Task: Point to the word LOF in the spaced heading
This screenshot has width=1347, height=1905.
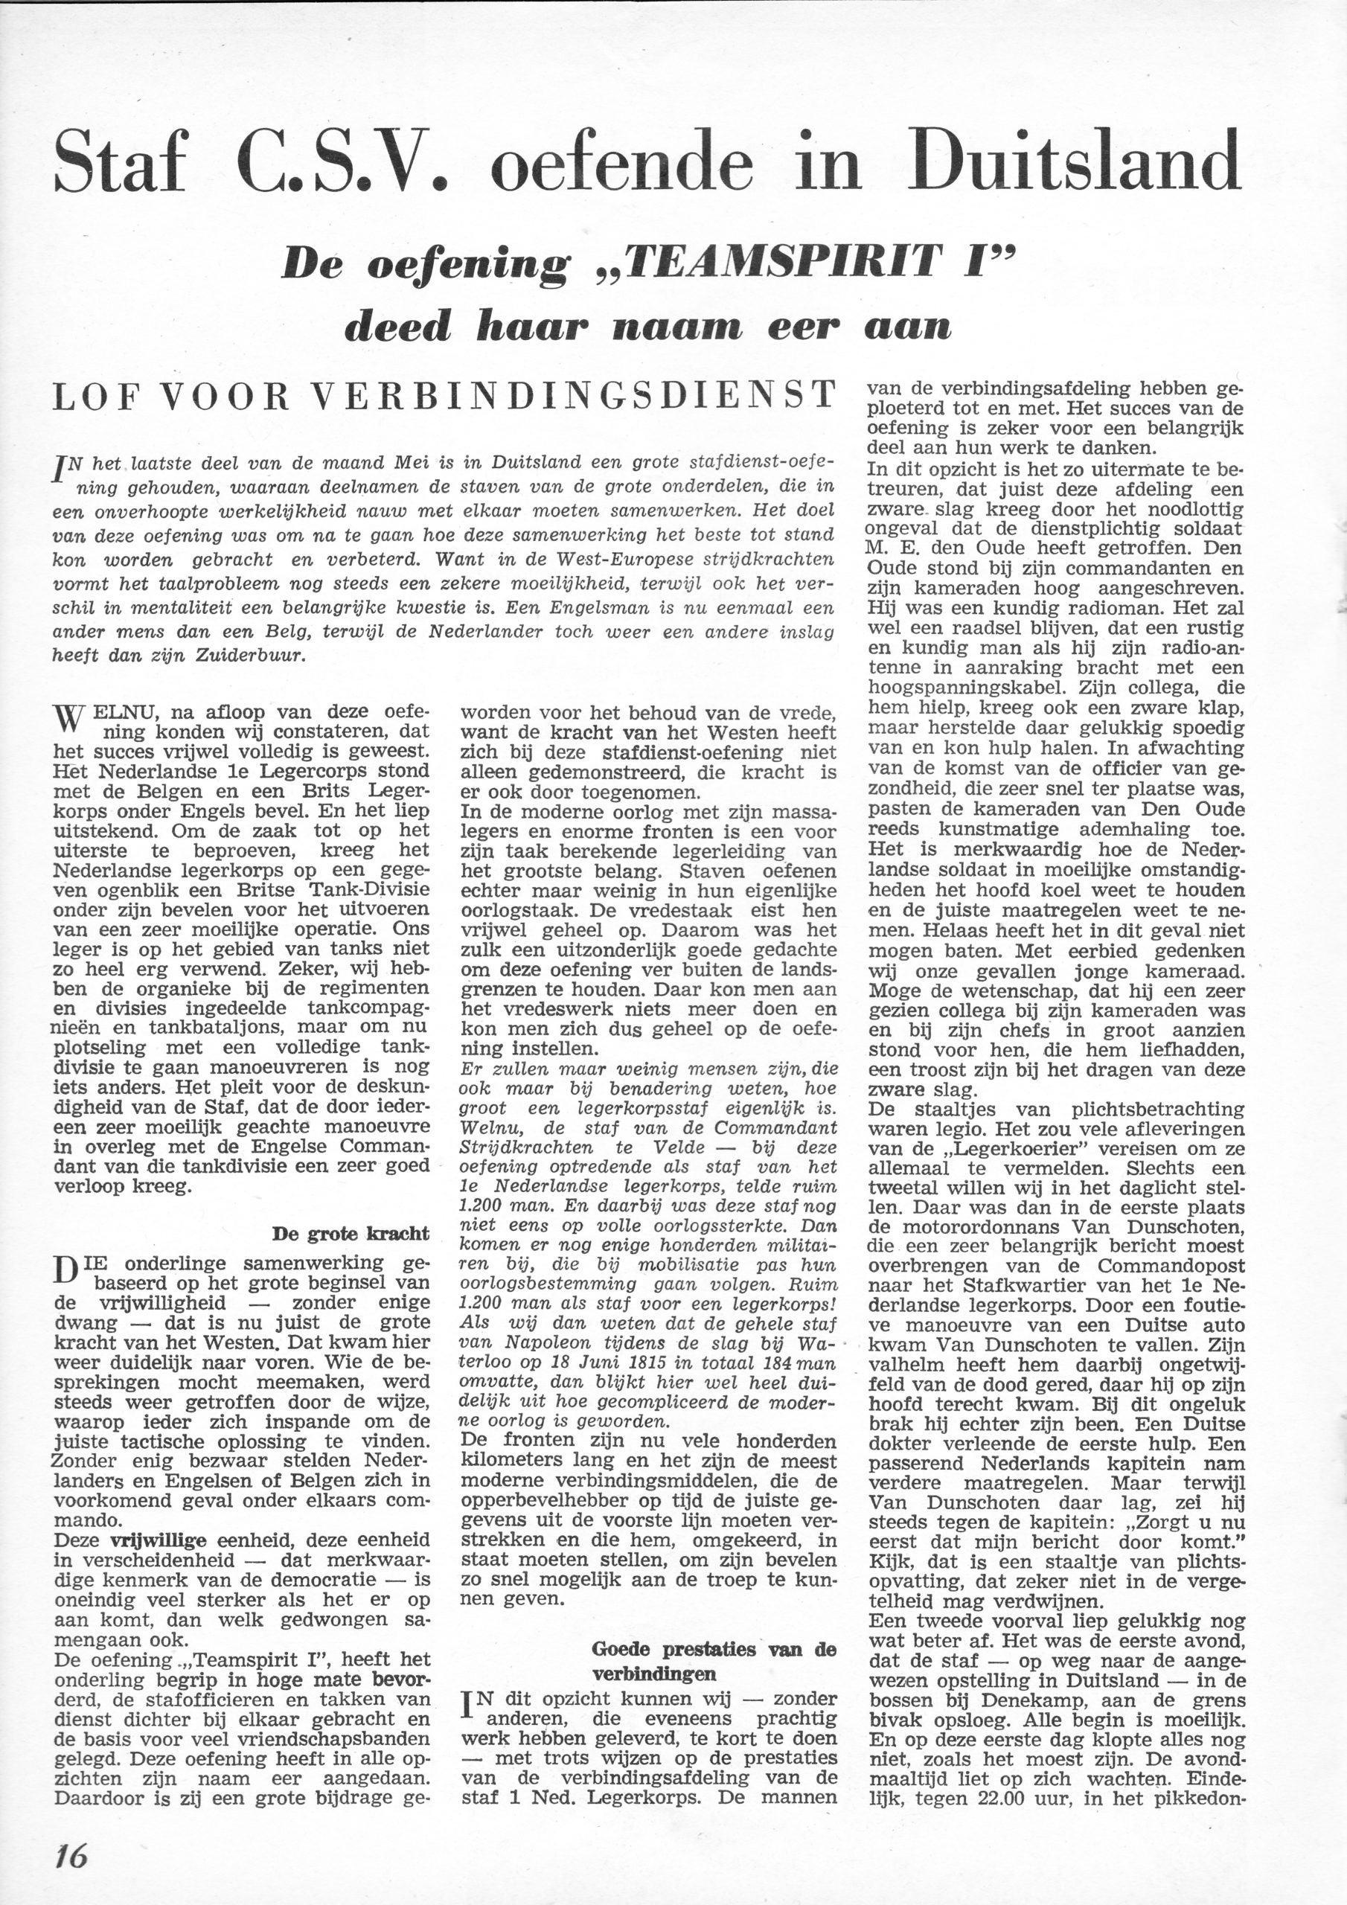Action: (x=92, y=397)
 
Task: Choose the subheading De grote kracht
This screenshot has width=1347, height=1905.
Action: (x=351, y=1233)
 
